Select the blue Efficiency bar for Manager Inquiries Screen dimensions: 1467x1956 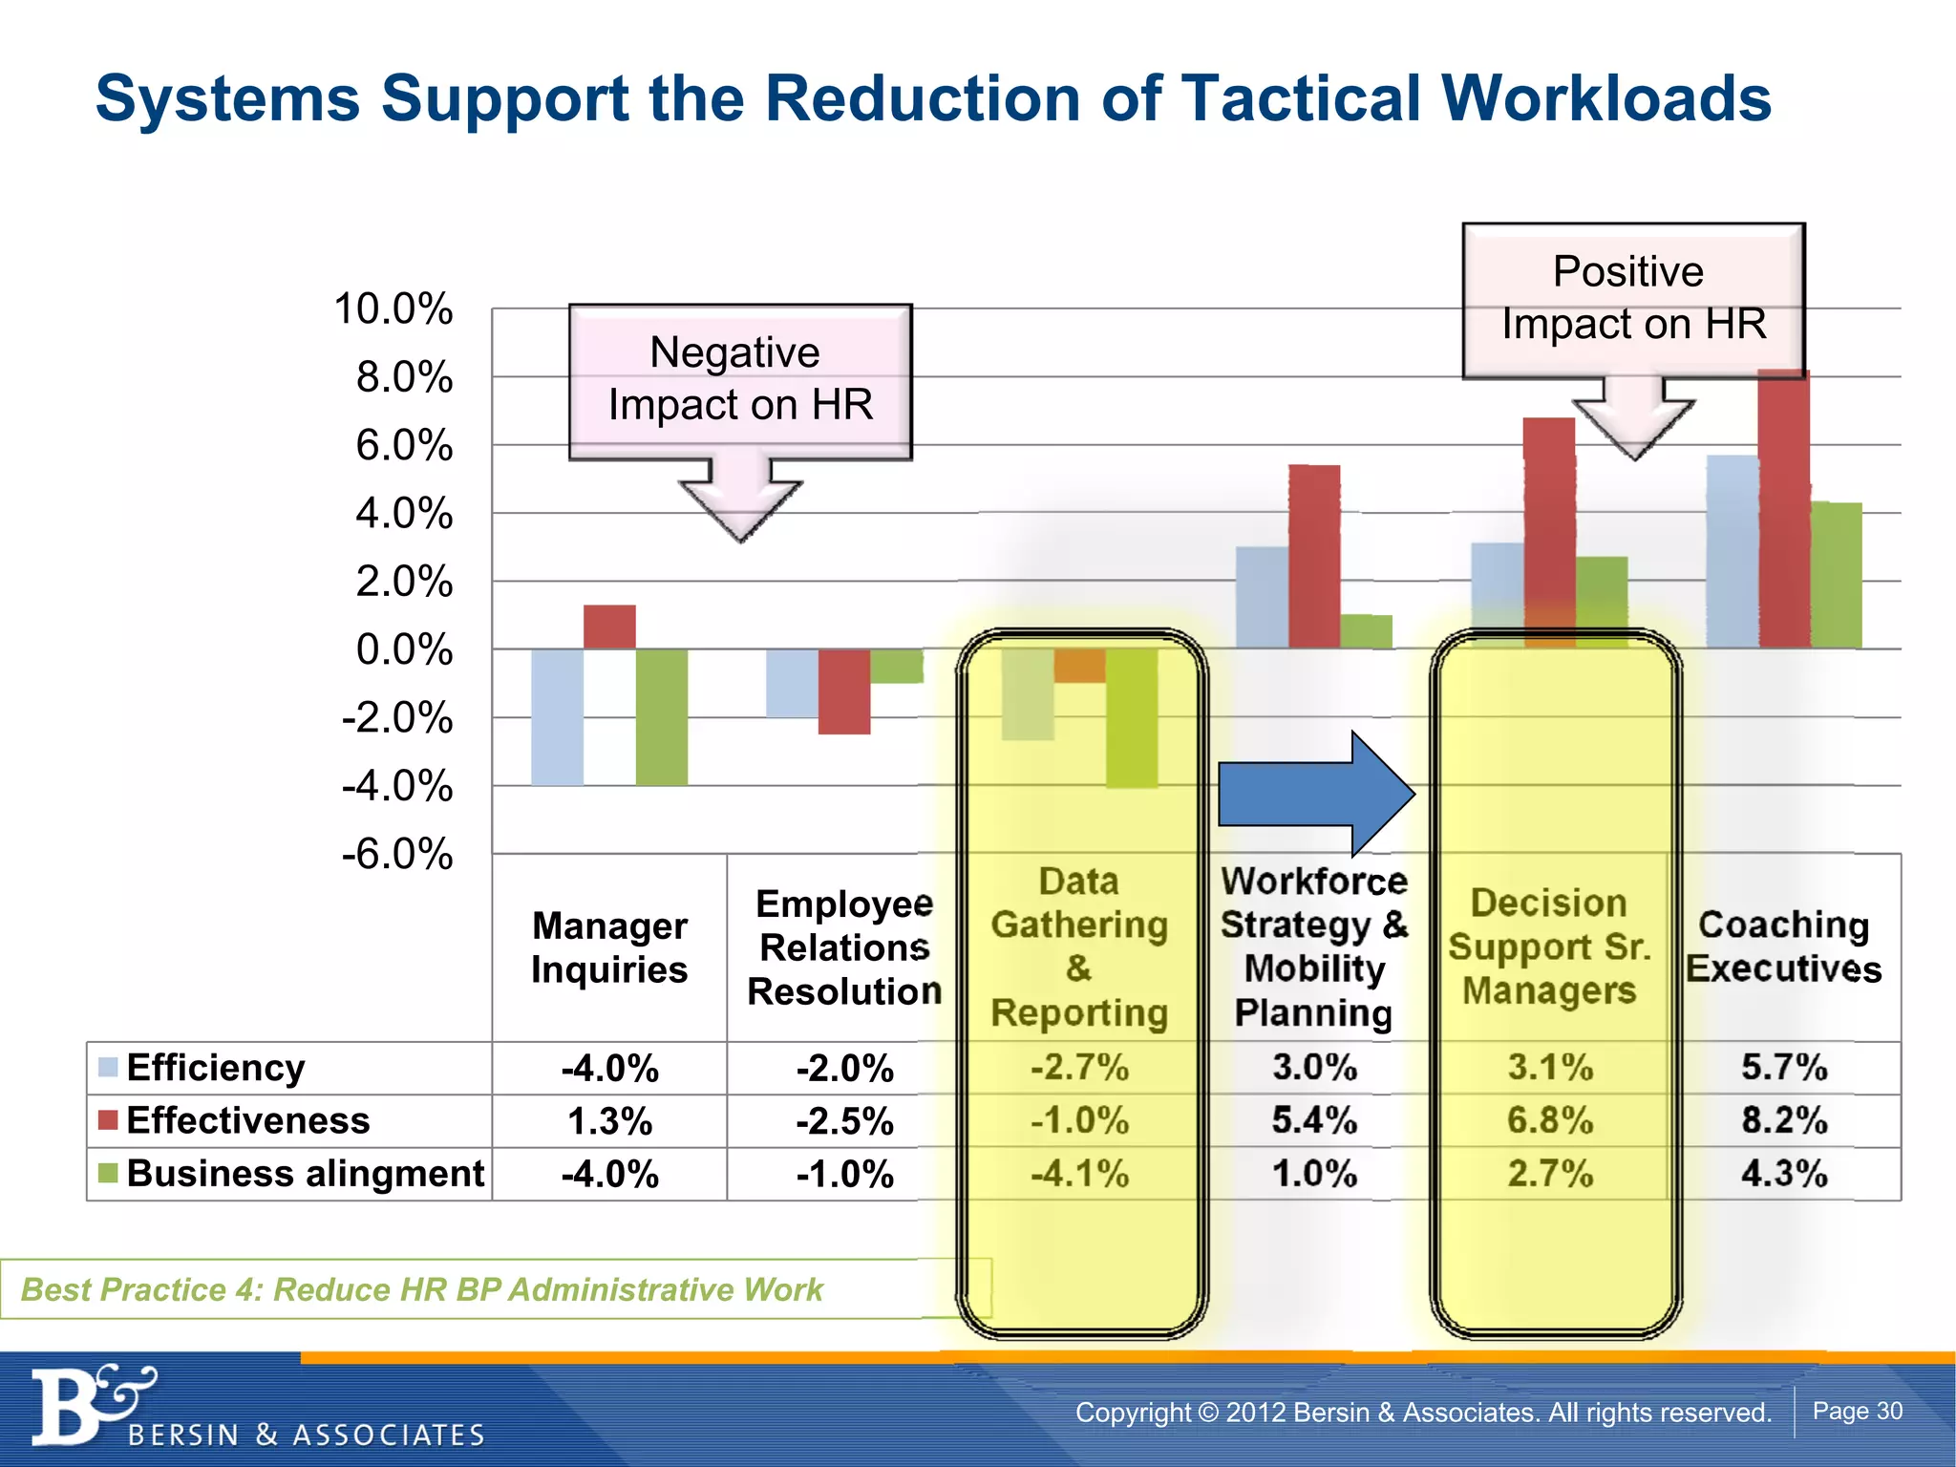pyautogui.click(x=557, y=717)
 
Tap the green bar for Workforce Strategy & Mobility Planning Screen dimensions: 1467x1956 pyautogui.click(x=1366, y=631)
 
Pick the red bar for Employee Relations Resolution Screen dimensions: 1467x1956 pyautogui.click(x=844, y=691)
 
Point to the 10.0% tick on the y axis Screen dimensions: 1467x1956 pyautogui.click(x=393, y=309)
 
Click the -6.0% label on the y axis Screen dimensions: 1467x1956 pyautogui.click(x=396, y=854)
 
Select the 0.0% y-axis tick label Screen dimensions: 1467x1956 pyautogui.click(x=404, y=650)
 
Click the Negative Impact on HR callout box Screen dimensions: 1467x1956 pyautogui.click(x=740, y=381)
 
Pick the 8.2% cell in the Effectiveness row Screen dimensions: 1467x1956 pyautogui.click(x=1783, y=1120)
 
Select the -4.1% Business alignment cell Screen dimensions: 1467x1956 pyautogui.click(x=1079, y=1174)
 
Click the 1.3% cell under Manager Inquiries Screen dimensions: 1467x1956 pyautogui.click(x=609, y=1121)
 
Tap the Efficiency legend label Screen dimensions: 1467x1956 pyautogui.click(x=215, y=1068)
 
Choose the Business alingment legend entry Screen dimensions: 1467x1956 pyautogui.click(x=304, y=1174)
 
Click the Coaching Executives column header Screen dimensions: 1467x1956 pyautogui.click(x=1783, y=946)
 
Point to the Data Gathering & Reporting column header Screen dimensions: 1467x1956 pyautogui.click(x=1079, y=946)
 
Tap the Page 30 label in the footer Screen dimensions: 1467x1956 pyautogui.click(x=1857, y=1411)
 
